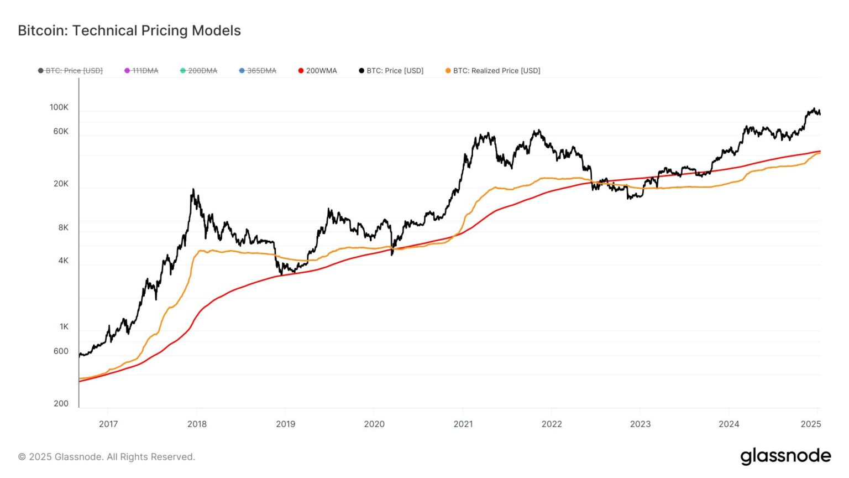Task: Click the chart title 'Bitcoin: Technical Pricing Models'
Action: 129,30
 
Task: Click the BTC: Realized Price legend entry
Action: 492,71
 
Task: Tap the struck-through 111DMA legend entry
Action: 141,71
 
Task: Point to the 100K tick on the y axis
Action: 59,107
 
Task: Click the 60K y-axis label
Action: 61,132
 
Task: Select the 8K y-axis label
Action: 64,228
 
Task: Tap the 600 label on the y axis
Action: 61,351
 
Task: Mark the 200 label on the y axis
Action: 61,404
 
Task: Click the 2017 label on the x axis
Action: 108,424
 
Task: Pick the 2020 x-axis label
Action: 374,424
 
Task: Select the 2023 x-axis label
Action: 640,424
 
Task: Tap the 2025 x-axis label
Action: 811,424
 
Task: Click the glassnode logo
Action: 785,456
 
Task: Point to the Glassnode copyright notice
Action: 107,457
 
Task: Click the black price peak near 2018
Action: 193,190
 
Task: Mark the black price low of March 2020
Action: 392,254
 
